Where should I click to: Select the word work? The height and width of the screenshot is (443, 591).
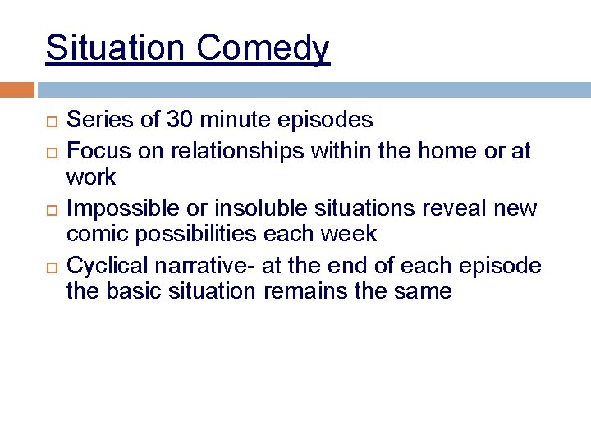pyautogui.click(x=91, y=176)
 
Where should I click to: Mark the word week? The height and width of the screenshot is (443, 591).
pyautogui.click(x=346, y=234)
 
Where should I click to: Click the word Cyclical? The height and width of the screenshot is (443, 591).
pyautogui.click(x=103, y=266)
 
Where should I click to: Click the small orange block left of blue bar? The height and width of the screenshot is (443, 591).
pyautogui.click(x=17, y=89)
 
